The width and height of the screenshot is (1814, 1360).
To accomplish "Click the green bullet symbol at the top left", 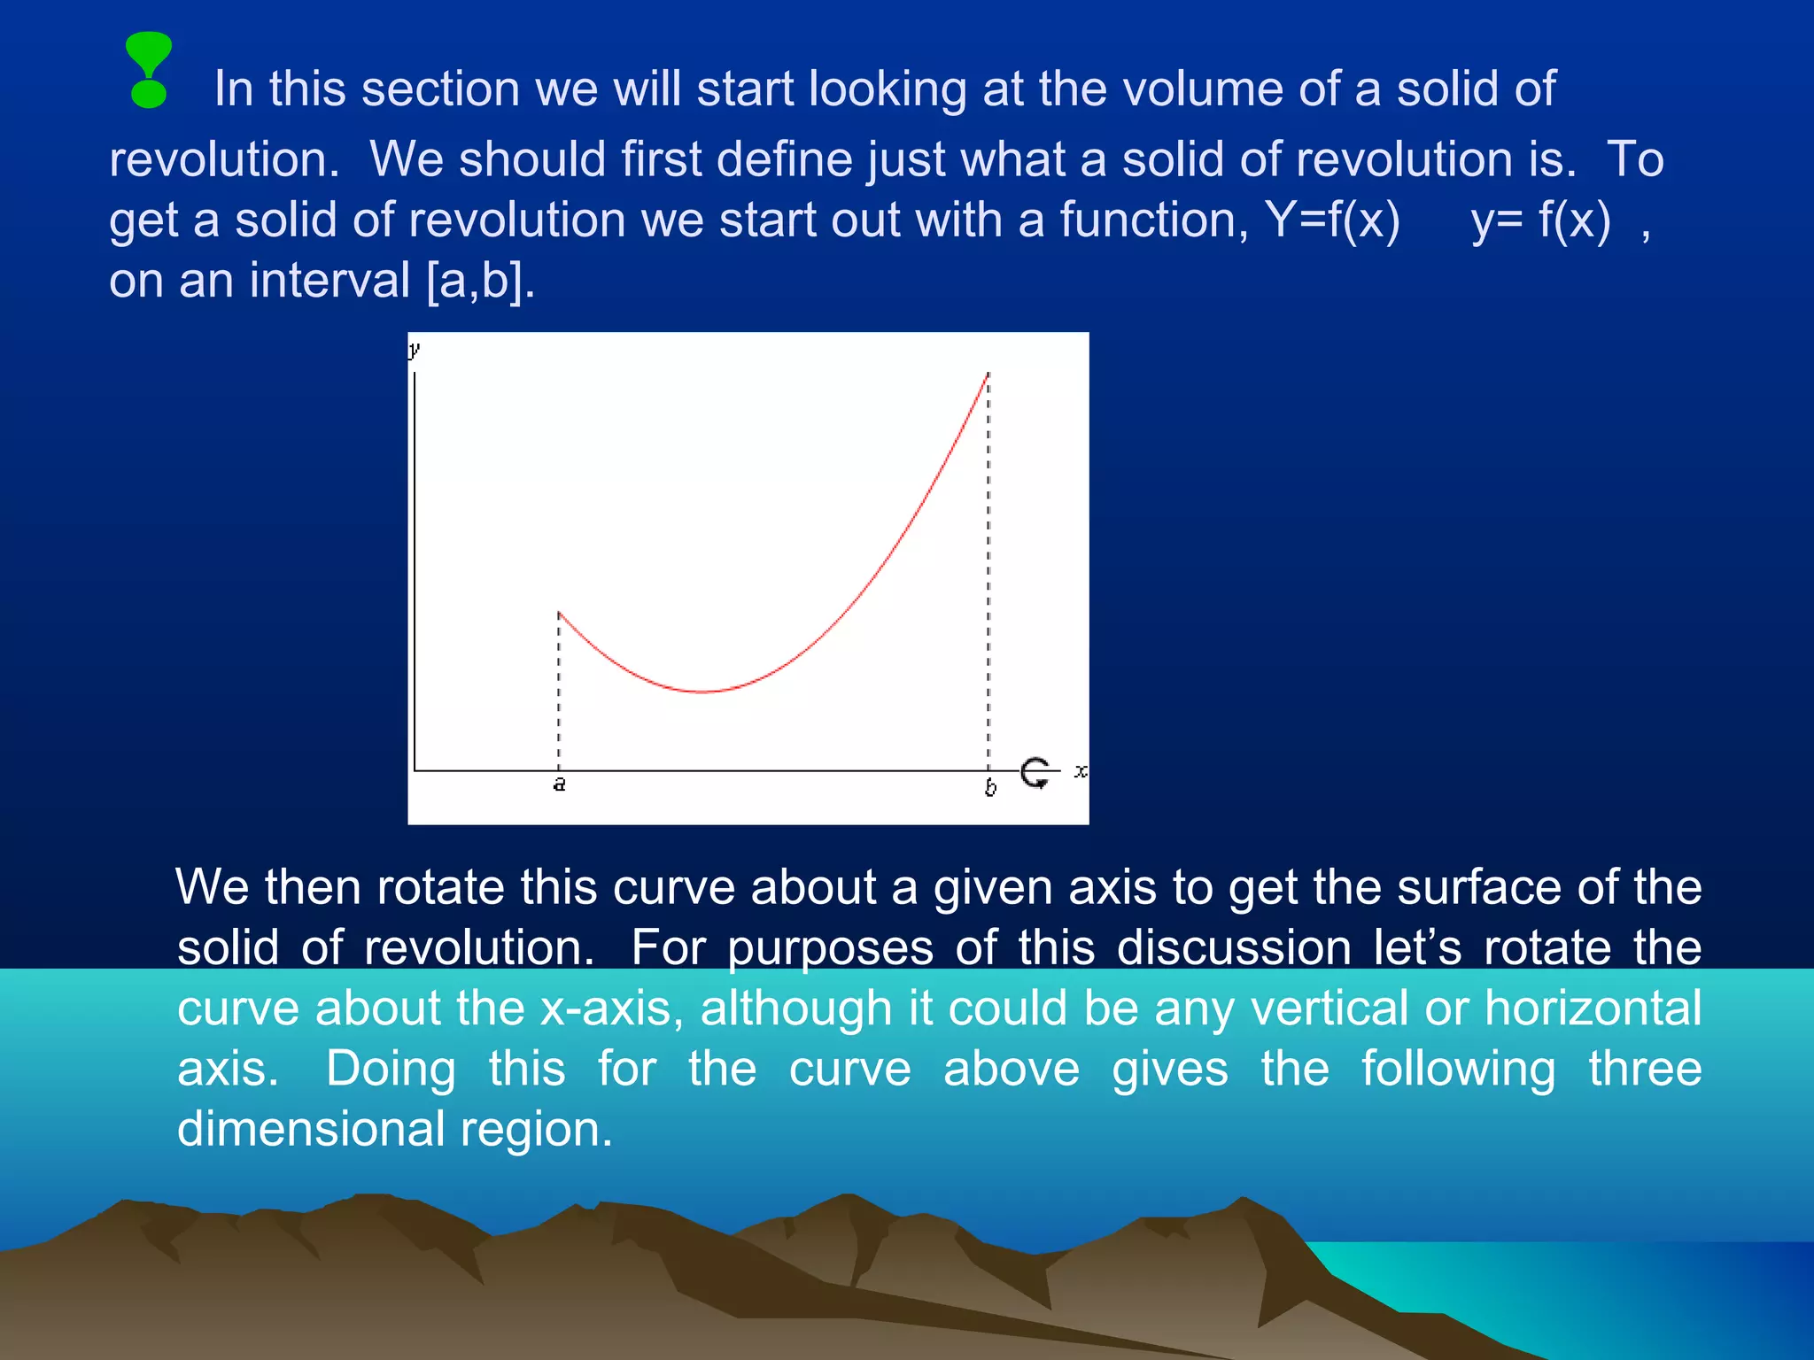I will [149, 70].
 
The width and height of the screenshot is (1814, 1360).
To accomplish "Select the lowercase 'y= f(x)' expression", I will [1540, 220].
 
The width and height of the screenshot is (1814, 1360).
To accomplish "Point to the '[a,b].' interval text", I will [481, 281].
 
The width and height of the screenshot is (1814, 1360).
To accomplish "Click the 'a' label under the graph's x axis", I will [559, 784].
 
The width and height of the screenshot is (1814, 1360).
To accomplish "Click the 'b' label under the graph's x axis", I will [990, 787].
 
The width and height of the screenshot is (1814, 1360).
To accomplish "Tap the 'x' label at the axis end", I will [1081, 771].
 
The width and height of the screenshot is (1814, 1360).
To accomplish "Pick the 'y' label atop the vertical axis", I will [414, 349].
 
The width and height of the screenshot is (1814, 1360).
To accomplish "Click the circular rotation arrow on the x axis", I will [1035, 772].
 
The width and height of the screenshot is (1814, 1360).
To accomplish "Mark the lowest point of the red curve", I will [702, 692].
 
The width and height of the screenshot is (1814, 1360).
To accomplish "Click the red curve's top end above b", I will [988, 375].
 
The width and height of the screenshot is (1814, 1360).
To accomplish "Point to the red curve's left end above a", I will [560, 613].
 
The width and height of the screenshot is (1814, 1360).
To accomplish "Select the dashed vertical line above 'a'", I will [559, 691].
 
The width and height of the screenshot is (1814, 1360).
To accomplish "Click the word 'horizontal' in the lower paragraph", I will [1593, 1008].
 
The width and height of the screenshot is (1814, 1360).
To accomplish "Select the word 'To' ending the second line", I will [1634, 159].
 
